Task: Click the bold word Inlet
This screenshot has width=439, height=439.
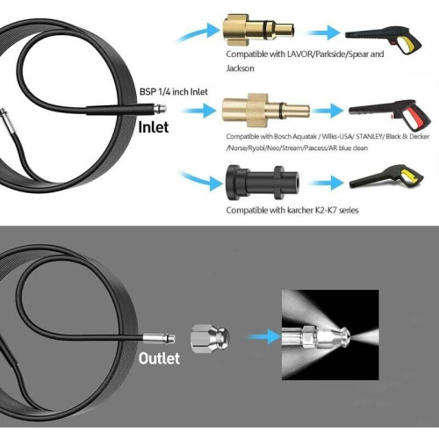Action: [x=154, y=127]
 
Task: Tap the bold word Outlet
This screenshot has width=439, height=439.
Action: [x=159, y=358]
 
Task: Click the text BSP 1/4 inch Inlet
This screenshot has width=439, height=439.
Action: [x=174, y=92]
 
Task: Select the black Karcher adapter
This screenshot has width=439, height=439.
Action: [x=263, y=183]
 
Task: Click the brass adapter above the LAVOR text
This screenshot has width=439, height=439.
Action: [x=258, y=32]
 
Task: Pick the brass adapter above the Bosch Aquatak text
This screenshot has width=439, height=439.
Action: [x=265, y=111]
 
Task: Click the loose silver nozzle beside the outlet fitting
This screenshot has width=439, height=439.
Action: [x=210, y=338]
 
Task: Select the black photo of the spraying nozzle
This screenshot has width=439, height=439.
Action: [x=330, y=335]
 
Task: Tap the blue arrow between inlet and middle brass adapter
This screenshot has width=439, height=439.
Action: [x=198, y=111]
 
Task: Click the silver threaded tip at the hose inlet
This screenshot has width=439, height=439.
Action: [x=160, y=110]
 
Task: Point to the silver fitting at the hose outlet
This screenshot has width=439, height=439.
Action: [x=159, y=338]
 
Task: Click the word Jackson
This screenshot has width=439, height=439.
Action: [x=240, y=68]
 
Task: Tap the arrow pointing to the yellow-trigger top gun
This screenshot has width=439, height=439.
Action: [x=323, y=32]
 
